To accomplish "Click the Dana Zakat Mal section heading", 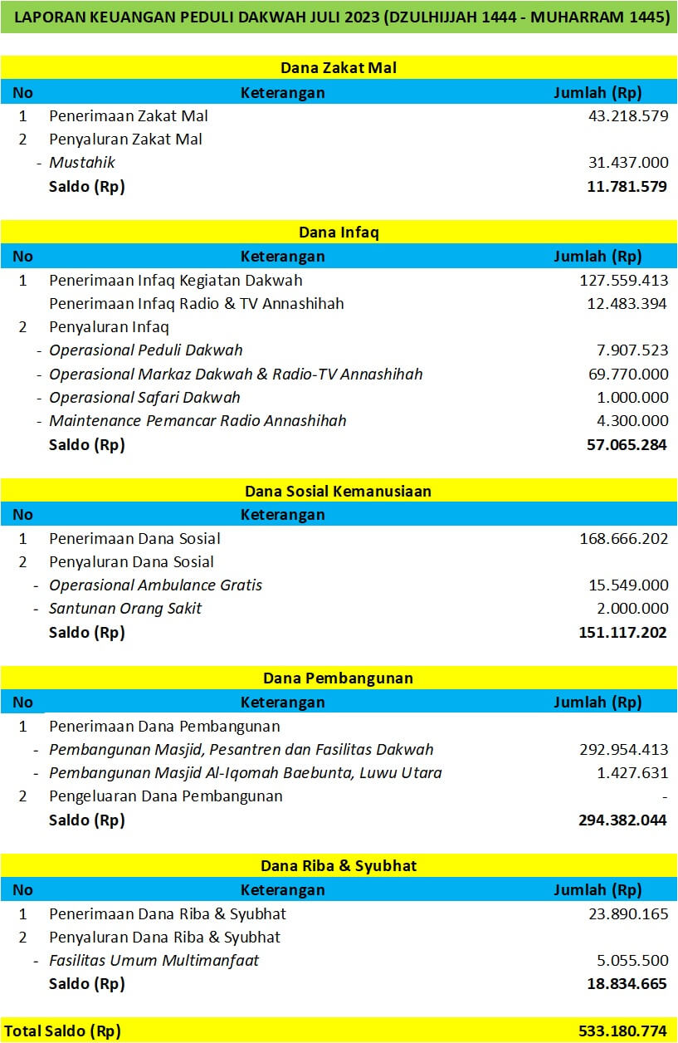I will coord(339,67).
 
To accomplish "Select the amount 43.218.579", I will coord(627,116).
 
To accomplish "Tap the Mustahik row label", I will coord(82,163).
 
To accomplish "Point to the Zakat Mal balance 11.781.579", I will coord(627,186).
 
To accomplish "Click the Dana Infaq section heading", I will coord(339,233).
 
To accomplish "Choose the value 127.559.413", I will coord(623,281).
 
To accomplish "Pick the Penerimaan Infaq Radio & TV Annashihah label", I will coord(196,304).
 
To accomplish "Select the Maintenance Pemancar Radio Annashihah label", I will coord(198,420).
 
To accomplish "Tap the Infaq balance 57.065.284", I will coord(627,444).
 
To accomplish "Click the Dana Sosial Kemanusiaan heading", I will coord(339,491).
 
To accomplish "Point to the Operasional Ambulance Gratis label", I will coord(155,585).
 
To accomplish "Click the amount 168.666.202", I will coord(623,538).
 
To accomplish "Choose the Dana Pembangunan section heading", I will coord(339,678).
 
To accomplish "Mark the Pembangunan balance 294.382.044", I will coord(622,820).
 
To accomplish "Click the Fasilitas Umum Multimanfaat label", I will coord(154,961).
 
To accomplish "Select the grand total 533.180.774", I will coord(622,1031).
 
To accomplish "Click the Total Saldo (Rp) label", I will coord(62,1031).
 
